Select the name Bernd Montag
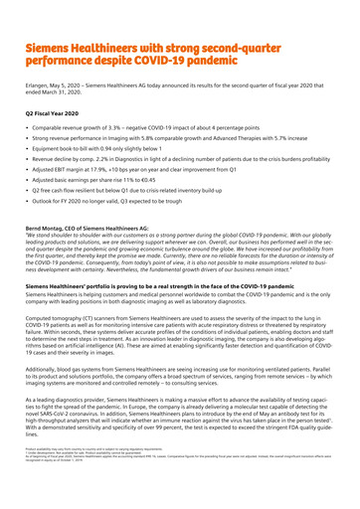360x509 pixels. pyautogui.click(x=44, y=228)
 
